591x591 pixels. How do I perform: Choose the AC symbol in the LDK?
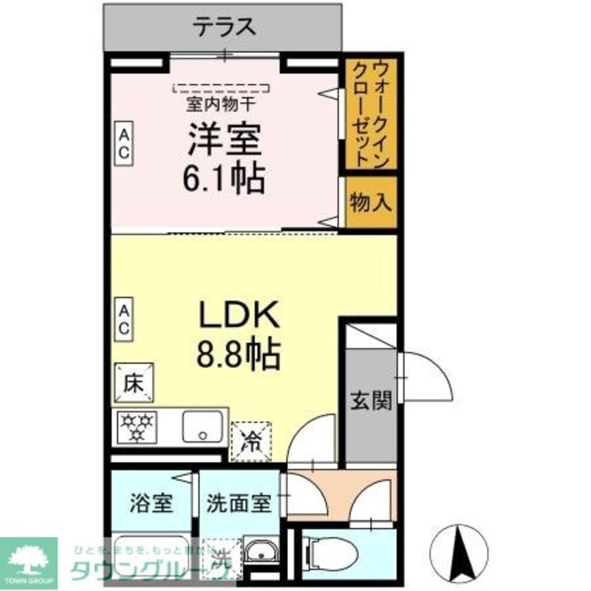click(124, 319)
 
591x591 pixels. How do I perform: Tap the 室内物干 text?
click(221, 105)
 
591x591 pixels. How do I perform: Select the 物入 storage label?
click(371, 203)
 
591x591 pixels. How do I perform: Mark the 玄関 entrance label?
click(371, 401)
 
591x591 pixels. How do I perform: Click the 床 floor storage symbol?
click(134, 383)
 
